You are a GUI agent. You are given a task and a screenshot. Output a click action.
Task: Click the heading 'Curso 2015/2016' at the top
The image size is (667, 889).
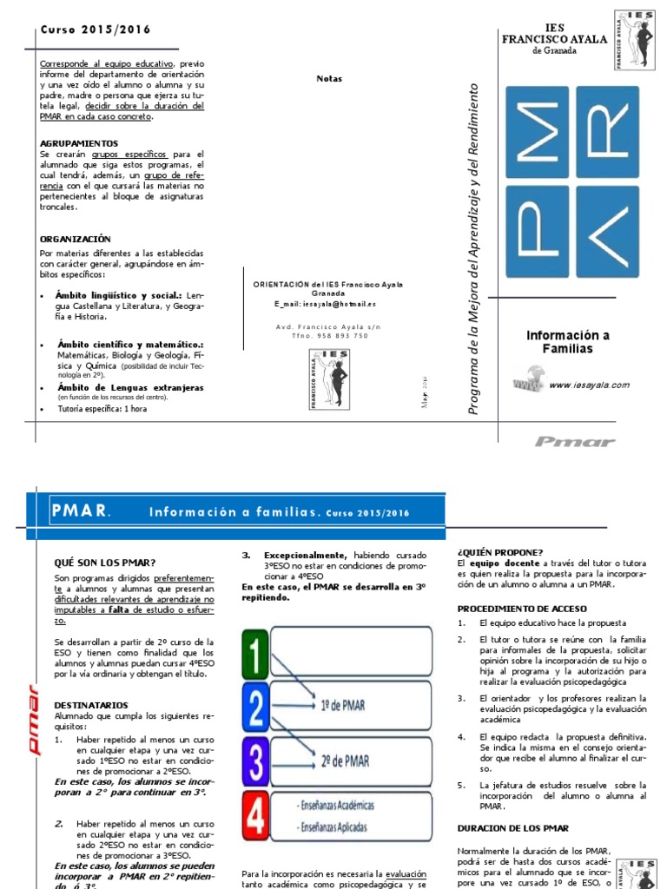(96, 30)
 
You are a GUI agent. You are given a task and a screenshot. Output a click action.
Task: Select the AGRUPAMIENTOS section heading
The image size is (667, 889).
(79, 142)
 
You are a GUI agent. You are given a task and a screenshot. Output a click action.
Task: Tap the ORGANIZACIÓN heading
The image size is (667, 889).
(76, 239)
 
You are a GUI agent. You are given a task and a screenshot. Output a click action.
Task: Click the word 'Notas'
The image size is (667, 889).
(329, 78)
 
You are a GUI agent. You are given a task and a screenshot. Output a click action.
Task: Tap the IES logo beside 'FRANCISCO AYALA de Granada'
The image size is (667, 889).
(635, 41)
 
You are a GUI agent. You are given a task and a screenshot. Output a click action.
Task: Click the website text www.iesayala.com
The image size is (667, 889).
(589, 385)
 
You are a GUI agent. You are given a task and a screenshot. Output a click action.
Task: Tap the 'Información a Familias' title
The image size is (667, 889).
(569, 342)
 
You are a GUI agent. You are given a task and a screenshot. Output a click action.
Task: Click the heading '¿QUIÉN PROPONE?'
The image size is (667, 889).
(499, 552)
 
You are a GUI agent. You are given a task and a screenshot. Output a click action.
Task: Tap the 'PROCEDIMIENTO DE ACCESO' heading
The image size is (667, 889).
(522, 609)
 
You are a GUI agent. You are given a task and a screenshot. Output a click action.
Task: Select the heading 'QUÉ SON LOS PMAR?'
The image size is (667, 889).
(104, 563)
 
